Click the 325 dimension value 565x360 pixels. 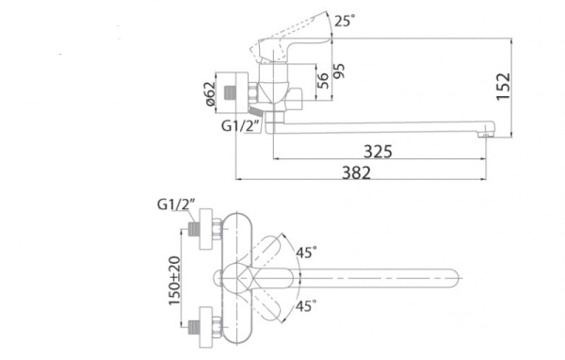pos(378,152)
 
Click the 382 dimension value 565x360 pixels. pos(356,172)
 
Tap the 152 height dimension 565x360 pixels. pos(504,87)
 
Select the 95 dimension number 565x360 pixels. pos(339,71)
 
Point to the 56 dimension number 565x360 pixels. pos(323,80)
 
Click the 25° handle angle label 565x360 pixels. pos(343,21)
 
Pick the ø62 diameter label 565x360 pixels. pos(210,94)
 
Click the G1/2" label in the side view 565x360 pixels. pos(240,126)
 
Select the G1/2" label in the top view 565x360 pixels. pos(176,205)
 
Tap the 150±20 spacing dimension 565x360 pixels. pos(175,280)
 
